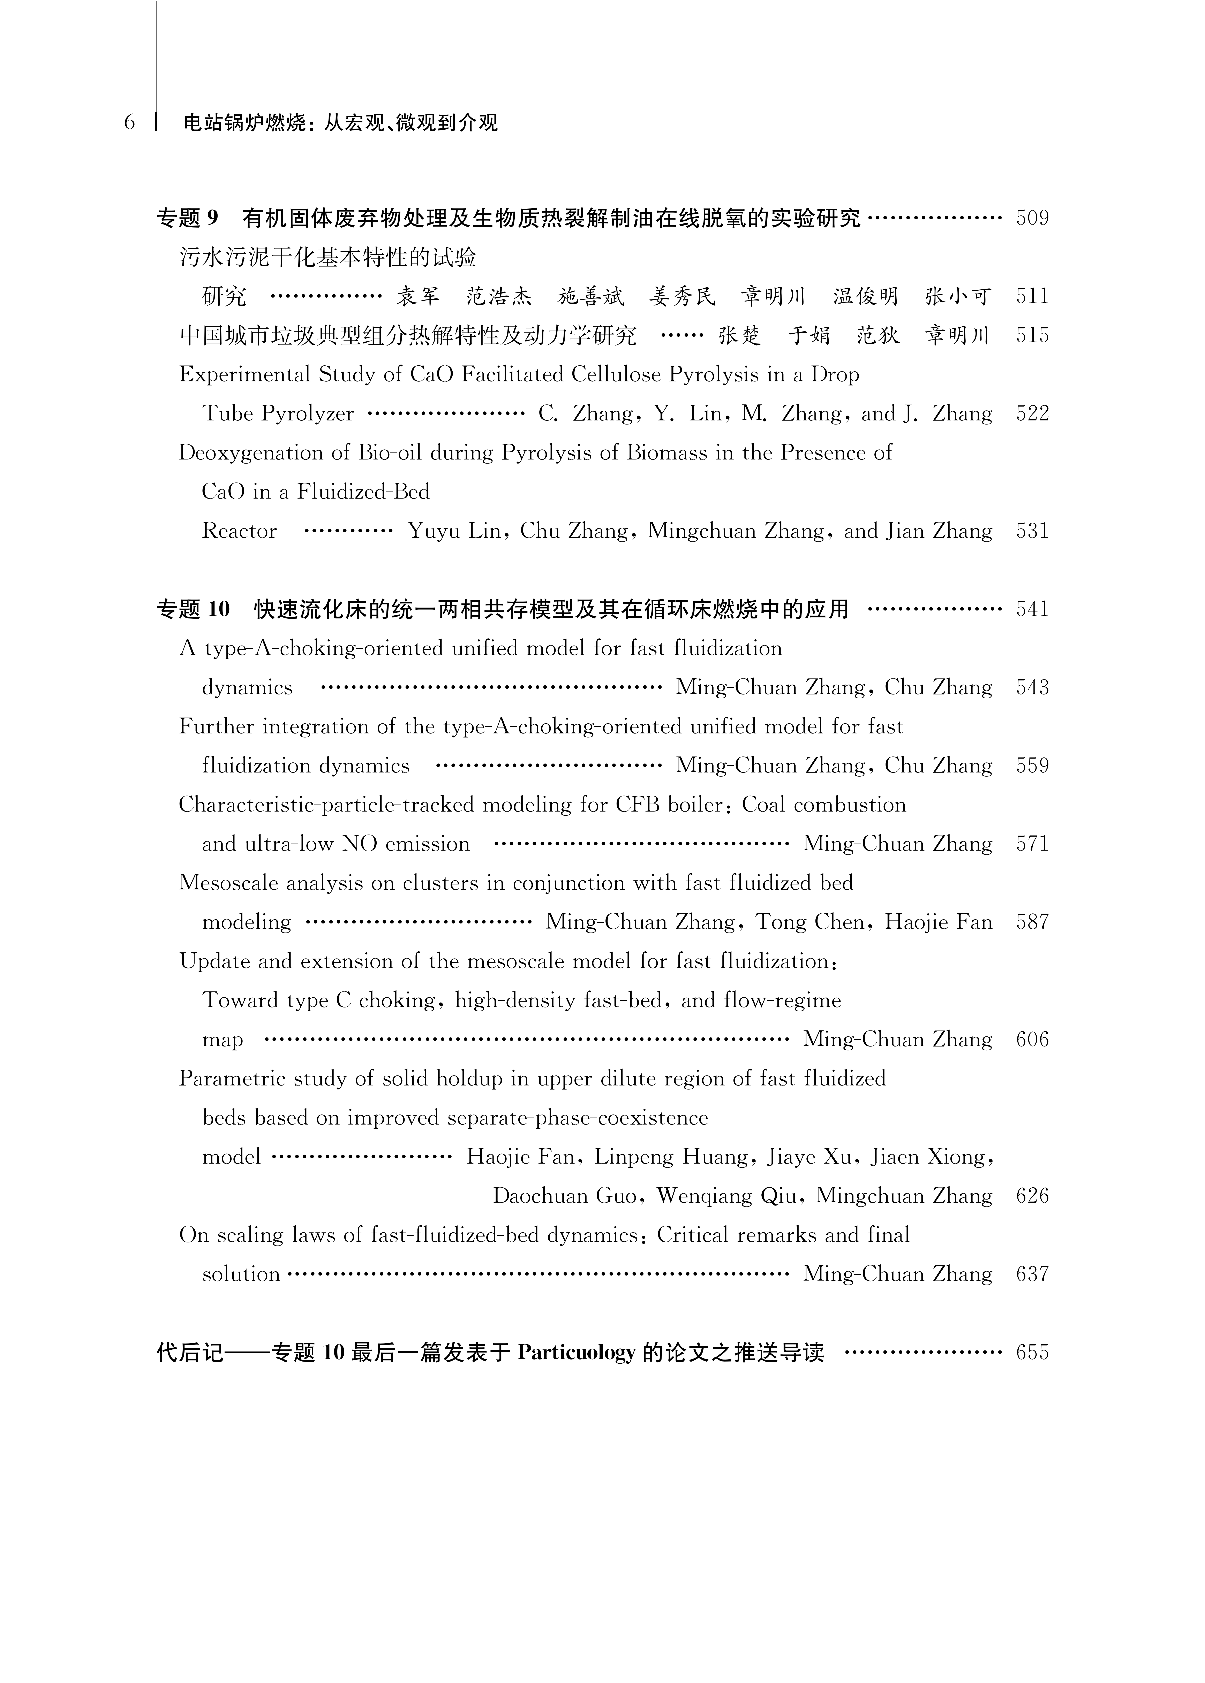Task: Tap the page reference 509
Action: (1032, 218)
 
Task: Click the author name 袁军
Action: (418, 297)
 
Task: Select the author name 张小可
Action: (958, 297)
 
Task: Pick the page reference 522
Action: (1032, 414)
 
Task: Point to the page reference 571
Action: (1032, 844)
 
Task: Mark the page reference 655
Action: (1032, 1353)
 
